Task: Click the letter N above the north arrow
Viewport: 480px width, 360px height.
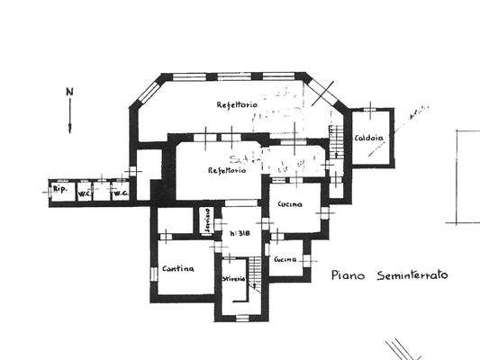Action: (68, 92)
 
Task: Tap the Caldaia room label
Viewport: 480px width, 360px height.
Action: (370, 139)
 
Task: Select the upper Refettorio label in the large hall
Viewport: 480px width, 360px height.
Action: (238, 105)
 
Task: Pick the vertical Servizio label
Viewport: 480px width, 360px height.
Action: (205, 221)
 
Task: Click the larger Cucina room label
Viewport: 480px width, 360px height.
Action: (291, 204)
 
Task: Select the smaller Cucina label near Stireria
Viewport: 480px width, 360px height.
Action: (286, 259)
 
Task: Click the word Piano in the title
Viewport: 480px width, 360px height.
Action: (348, 275)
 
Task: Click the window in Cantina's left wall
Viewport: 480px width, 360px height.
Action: (152, 266)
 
